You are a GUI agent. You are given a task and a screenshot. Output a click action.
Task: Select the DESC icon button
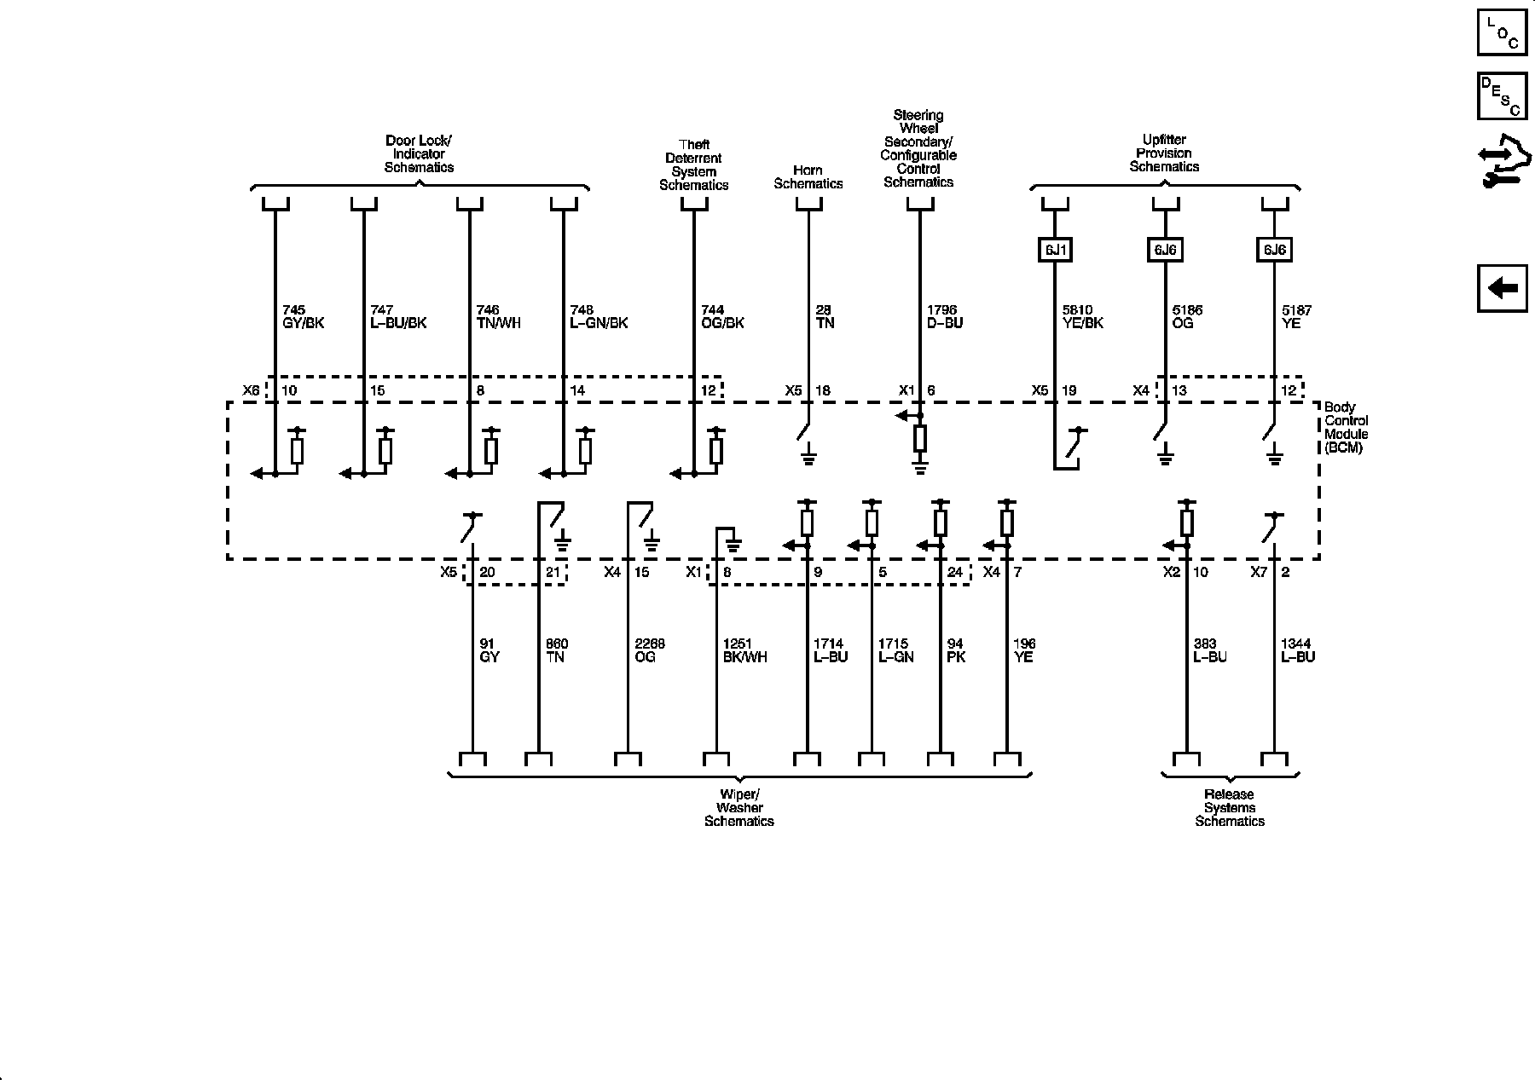[1502, 96]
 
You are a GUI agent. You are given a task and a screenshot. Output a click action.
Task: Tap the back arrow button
[1502, 288]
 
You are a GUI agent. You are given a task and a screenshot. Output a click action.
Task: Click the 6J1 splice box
[1055, 250]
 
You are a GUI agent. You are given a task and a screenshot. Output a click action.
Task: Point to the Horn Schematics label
[808, 177]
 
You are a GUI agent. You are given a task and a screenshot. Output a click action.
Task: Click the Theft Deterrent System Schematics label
[693, 165]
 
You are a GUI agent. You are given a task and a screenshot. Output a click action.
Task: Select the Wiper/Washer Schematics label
[739, 808]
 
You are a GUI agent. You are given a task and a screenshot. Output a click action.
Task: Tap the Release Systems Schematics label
[1230, 808]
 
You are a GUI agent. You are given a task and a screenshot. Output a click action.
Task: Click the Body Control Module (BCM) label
[1346, 428]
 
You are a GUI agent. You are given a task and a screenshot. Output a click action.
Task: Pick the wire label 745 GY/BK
[303, 317]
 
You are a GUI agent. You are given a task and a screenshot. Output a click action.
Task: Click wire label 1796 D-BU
[944, 317]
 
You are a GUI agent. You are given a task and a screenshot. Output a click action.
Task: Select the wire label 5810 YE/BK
[1082, 317]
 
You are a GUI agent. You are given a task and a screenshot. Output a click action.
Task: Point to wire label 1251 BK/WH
[744, 650]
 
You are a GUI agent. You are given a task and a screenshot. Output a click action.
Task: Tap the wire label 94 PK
[956, 650]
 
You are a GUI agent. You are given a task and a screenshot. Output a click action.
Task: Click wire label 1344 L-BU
[1297, 650]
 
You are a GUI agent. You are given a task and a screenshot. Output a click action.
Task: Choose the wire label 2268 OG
[649, 650]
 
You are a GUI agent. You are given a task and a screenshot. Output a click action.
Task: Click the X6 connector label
[251, 390]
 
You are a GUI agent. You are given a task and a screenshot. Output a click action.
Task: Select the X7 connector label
[1259, 572]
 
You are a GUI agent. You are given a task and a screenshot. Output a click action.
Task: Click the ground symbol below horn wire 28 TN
[808, 459]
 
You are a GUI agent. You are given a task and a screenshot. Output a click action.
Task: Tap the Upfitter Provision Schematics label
[1164, 153]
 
